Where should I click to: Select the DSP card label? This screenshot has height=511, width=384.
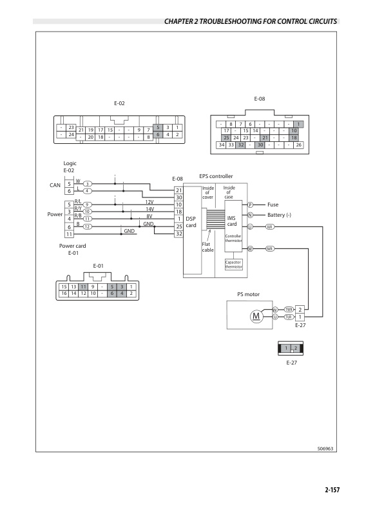(x=191, y=221)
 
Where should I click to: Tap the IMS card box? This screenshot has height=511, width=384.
(x=232, y=221)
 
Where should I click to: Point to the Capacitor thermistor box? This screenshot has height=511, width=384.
(x=233, y=265)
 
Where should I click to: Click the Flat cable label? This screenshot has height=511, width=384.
(x=207, y=247)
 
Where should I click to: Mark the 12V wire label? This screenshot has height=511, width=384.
(x=149, y=202)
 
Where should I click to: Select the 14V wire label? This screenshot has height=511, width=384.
(x=149, y=209)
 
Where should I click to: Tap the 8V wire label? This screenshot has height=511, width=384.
(x=149, y=216)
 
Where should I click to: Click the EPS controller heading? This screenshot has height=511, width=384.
(x=216, y=176)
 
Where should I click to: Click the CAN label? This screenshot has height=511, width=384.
(x=55, y=185)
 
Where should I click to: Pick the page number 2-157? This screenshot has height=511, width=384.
(x=331, y=490)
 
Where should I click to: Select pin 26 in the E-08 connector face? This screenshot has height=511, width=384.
(x=298, y=145)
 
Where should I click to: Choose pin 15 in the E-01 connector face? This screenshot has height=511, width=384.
(x=63, y=286)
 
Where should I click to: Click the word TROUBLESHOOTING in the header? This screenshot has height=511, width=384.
(x=237, y=21)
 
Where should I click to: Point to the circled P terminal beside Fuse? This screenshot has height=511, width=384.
(x=249, y=205)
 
